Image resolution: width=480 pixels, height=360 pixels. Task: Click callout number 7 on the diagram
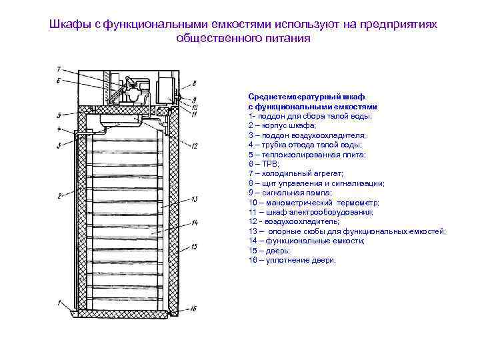point(59,69)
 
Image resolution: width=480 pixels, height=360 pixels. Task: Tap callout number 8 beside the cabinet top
point(194,83)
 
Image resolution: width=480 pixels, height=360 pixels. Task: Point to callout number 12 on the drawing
point(194,146)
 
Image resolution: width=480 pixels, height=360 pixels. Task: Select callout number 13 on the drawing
point(194,199)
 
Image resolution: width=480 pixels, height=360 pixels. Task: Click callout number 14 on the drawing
point(194,222)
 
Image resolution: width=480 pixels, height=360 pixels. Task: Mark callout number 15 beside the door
point(194,247)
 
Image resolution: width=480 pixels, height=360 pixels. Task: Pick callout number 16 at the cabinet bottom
point(193,309)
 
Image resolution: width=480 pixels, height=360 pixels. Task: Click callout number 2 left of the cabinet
point(59,195)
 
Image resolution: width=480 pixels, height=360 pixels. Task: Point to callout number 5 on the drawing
point(59,115)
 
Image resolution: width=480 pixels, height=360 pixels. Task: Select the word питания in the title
point(288,38)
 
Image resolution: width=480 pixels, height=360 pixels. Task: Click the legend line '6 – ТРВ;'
point(263,163)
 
